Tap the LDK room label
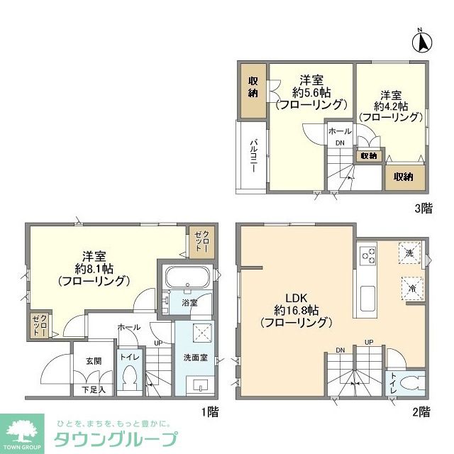tap(296, 299)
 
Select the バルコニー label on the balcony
tap(252, 157)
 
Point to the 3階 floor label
tap(423, 209)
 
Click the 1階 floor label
tap(209, 411)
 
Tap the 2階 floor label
tap(421, 411)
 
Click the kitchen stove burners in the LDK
tap(367, 253)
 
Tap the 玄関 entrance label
tap(94, 361)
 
